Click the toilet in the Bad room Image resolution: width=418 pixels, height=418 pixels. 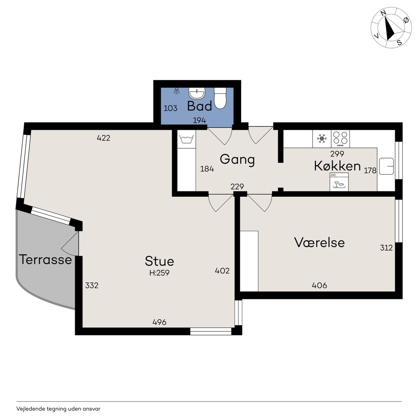point(220,98)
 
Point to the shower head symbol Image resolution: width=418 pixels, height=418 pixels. point(177,91)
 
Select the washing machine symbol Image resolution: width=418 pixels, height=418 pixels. point(186,139)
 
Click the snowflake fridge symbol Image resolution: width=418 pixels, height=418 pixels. point(322,138)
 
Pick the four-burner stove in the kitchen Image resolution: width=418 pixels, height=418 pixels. point(340,139)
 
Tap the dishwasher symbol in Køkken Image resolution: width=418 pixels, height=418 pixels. point(339,182)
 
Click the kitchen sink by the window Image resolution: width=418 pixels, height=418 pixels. point(386,166)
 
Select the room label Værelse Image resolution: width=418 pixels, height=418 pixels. point(319,243)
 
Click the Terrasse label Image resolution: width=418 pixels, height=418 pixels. point(45,259)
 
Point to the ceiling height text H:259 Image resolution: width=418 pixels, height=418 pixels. point(159,273)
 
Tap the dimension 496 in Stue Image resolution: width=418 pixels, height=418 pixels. point(159,322)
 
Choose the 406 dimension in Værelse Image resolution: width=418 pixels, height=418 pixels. point(319,285)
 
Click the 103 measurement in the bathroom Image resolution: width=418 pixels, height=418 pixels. point(170,108)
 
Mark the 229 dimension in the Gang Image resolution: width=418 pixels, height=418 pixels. point(237,186)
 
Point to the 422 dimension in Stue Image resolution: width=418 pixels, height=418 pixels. point(104,138)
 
